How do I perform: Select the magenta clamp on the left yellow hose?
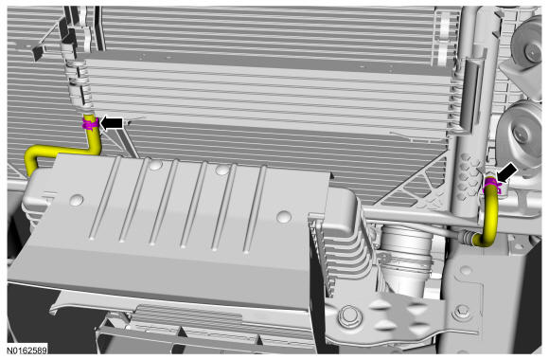89,124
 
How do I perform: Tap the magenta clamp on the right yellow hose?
491,187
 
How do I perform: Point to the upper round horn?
523,42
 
